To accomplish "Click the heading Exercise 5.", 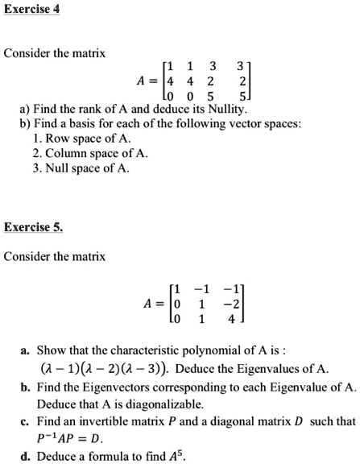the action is [32, 227].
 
